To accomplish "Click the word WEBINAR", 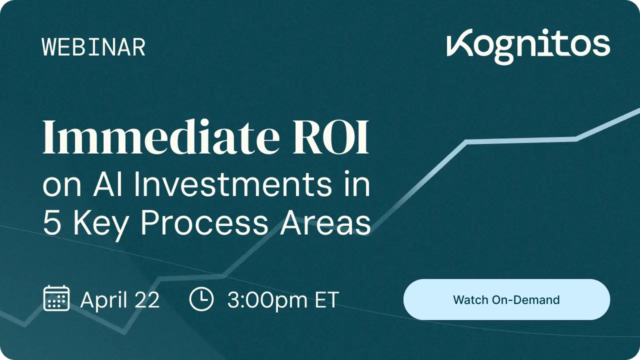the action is point(93,47).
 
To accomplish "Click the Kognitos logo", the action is point(528,46).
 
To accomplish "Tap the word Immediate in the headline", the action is point(161,136).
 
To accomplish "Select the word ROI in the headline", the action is point(330,137).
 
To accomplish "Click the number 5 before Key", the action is point(52,222).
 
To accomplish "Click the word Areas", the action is point(325,222).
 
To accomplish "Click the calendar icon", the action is point(56,298).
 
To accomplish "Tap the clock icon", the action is point(201,299).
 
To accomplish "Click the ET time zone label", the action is point(327,300).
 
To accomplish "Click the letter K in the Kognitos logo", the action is point(459,43).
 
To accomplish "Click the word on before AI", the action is point(62,187).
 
